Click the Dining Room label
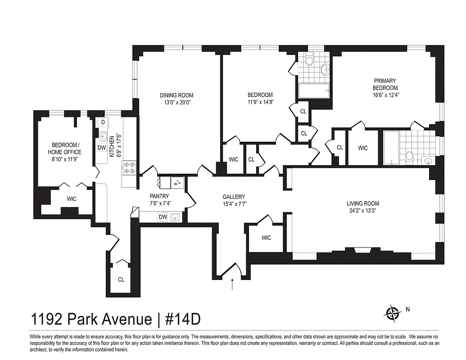[x=176, y=95]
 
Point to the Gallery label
[x=234, y=197]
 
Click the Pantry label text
[x=159, y=196]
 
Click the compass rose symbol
[x=394, y=312]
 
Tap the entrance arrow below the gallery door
[x=232, y=284]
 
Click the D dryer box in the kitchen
[x=103, y=122]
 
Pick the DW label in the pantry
[x=163, y=217]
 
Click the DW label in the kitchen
[x=102, y=147]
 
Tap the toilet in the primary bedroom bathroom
[x=409, y=156]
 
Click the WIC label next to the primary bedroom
[x=363, y=148]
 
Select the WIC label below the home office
[x=72, y=198]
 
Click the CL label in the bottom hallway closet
[x=121, y=279]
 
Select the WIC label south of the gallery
[x=266, y=238]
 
